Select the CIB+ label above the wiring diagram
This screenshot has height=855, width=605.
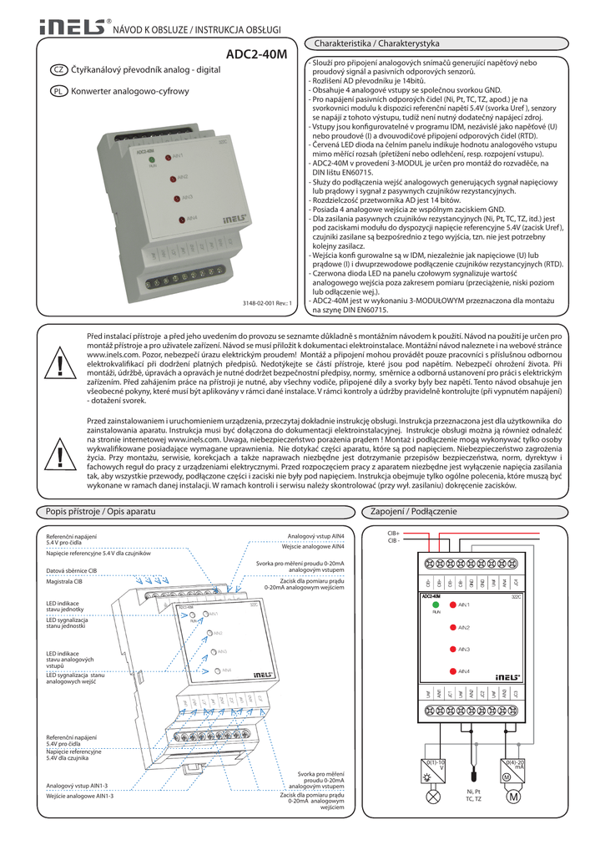coord(394,532)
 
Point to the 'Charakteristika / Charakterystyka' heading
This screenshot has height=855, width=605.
coord(376,42)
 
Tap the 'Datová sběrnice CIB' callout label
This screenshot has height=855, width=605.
coord(72,571)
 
